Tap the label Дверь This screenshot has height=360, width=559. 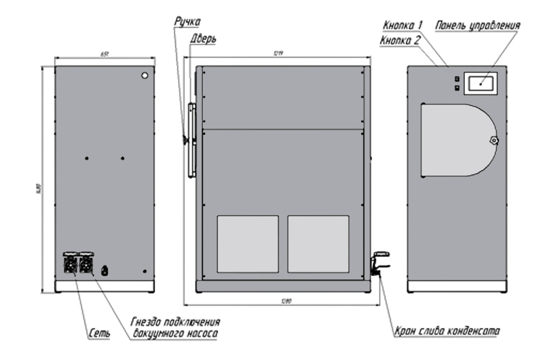click(x=202, y=38)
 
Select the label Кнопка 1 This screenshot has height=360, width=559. click(x=402, y=25)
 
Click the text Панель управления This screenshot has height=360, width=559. click(x=478, y=25)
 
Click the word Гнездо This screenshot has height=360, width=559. click(x=147, y=321)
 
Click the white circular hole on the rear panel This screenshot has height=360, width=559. click(x=145, y=74)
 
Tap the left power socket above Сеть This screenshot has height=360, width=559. click(x=71, y=264)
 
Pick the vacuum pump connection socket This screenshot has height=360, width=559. click(x=86, y=264)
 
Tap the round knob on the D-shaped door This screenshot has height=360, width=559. click(x=494, y=140)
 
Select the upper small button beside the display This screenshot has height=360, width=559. click(x=457, y=79)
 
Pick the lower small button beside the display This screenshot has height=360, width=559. click(x=457, y=88)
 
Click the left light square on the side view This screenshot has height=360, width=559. click(x=248, y=244)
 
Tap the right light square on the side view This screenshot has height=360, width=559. click(x=318, y=244)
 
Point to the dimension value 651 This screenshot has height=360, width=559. click(x=105, y=55)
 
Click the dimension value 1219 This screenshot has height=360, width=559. click(x=283, y=54)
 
